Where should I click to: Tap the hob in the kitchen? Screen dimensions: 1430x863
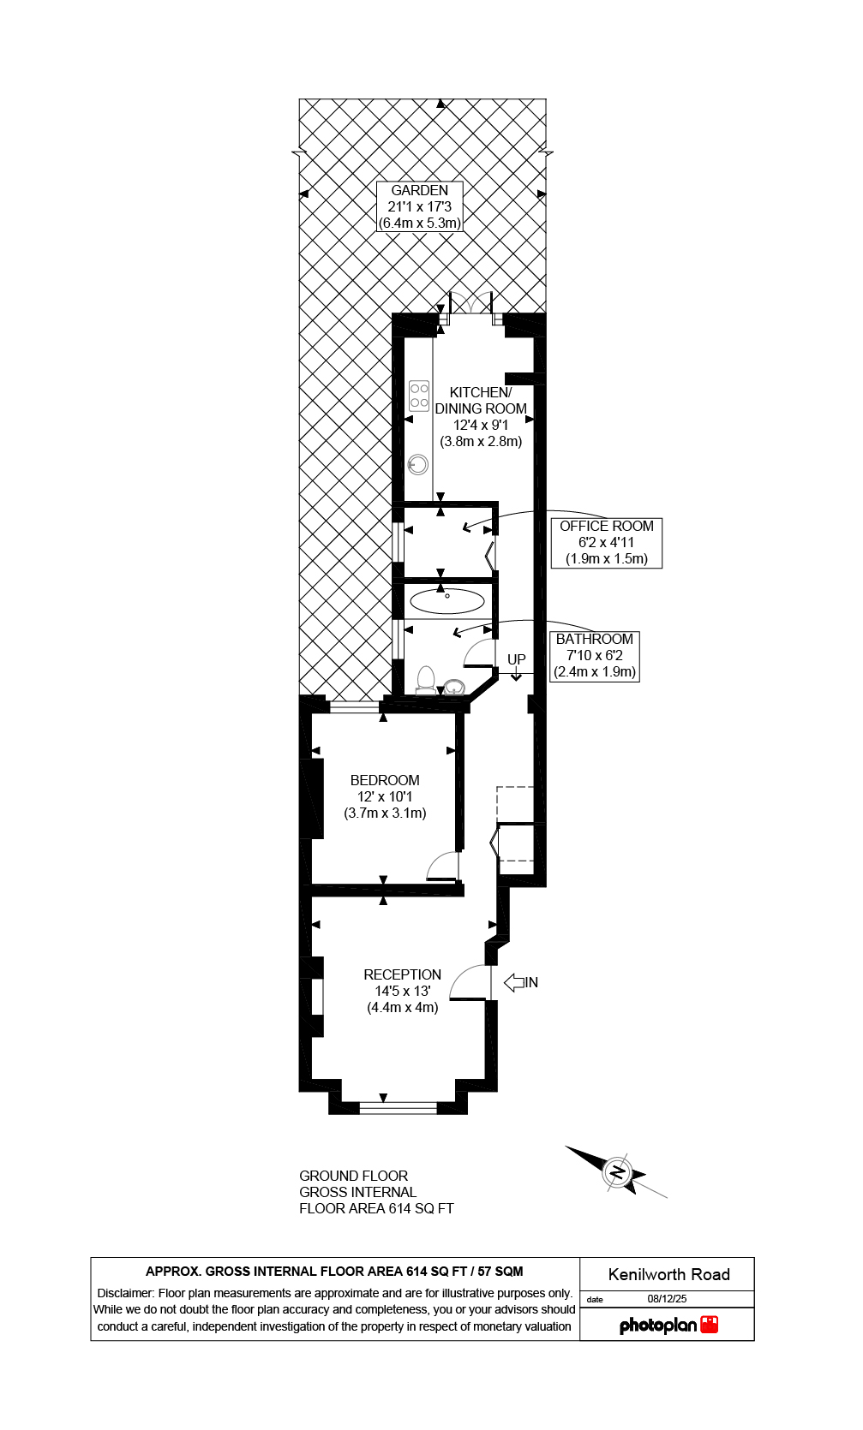[x=419, y=396]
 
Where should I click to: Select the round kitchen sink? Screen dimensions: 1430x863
[x=417, y=464]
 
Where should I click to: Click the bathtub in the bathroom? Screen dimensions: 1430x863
[x=447, y=600]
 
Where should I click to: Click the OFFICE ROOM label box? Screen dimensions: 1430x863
[x=606, y=542]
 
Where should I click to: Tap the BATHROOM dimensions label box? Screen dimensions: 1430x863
[x=595, y=655]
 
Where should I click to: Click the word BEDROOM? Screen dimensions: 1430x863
[x=385, y=780]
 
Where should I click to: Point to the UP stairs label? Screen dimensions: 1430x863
[x=516, y=659]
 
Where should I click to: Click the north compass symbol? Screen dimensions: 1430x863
[x=617, y=1171]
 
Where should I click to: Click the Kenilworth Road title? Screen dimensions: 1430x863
[x=668, y=1274]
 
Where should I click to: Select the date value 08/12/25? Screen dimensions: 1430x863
[x=667, y=1299]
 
